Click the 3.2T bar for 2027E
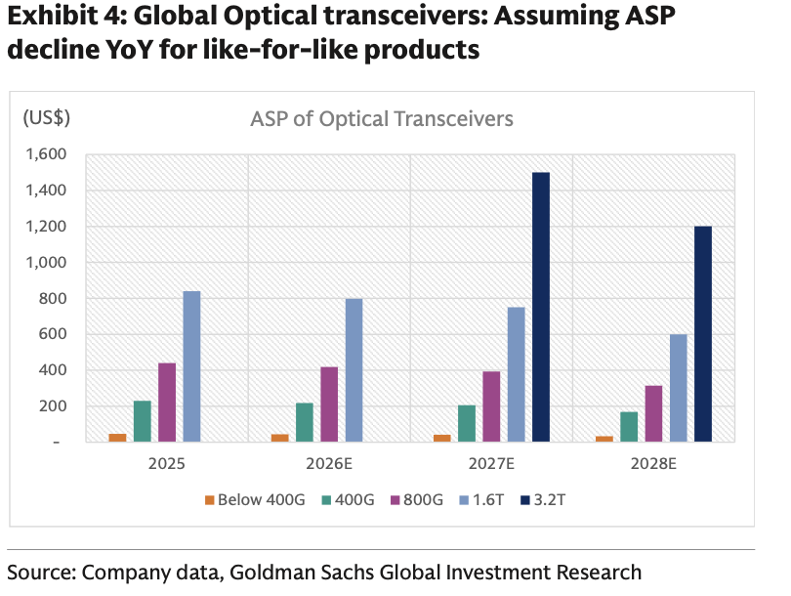tap(541, 308)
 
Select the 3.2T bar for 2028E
tap(703, 334)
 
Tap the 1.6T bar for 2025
tap(191, 367)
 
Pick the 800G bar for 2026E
tap(329, 404)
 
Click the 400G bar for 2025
tap(143, 421)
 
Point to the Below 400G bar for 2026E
tap(280, 438)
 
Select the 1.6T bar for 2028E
tap(679, 388)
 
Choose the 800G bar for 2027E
tap(491, 406)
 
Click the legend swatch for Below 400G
tap(210, 500)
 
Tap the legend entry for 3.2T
tap(543, 500)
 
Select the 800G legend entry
tap(417, 500)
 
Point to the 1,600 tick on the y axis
tap(47, 154)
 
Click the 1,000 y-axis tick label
tap(47, 263)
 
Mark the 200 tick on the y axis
tap(53, 406)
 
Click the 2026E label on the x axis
tap(329, 463)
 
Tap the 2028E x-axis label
tap(653, 463)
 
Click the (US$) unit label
tap(47, 118)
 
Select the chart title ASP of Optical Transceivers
tap(382, 119)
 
